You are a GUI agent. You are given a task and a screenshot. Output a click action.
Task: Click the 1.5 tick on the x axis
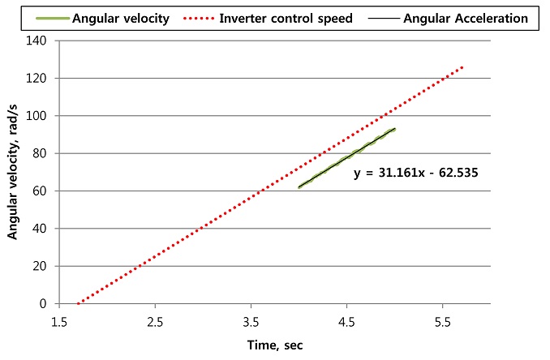[x=59, y=321]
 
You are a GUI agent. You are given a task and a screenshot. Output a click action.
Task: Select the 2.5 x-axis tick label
[x=155, y=321]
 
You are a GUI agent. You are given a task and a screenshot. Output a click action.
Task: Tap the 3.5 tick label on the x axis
[x=251, y=321]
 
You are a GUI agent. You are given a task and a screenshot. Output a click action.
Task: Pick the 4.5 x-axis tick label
[x=347, y=321]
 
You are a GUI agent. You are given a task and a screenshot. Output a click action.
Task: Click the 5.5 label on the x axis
[x=443, y=321]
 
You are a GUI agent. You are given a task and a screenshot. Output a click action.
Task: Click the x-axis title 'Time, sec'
[x=275, y=345]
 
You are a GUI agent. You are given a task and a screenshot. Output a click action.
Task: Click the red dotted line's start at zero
[x=78, y=303]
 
